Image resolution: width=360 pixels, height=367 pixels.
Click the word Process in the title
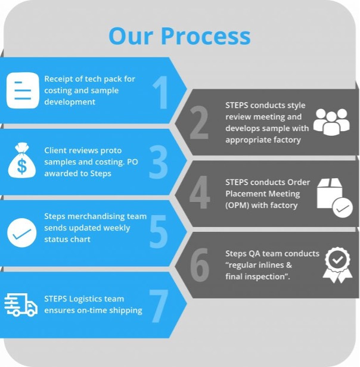point(206,36)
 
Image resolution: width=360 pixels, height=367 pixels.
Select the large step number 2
point(199,123)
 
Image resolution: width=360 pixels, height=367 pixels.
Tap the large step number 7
point(158,305)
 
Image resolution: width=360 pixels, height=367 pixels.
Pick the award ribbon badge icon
point(337,265)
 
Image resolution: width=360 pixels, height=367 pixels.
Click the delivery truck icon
point(21,304)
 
